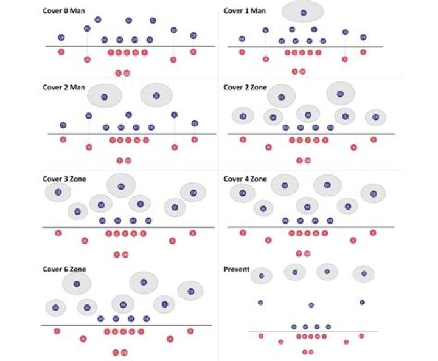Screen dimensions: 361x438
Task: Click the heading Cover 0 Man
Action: (x=63, y=11)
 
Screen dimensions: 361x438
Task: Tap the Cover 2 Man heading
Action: (x=63, y=87)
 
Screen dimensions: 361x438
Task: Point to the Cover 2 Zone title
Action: (x=245, y=87)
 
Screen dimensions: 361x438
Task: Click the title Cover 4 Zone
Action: (x=245, y=179)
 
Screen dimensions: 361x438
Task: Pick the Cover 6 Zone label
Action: (x=65, y=269)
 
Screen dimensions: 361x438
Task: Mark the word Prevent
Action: (x=236, y=269)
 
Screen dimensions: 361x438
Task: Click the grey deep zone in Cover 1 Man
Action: (x=303, y=12)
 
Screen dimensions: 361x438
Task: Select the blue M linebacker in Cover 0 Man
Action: (x=128, y=21)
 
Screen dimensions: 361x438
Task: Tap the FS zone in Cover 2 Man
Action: (x=105, y=96)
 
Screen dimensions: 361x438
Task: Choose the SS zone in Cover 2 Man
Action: (x=156, y=95)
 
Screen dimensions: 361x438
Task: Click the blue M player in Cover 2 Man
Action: (x=128, y=114)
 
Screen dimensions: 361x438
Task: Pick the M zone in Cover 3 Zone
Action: (x=101, y=204)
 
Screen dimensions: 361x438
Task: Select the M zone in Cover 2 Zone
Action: (x=308, y=114)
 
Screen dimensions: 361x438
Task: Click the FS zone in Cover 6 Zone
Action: (x=76, y=283)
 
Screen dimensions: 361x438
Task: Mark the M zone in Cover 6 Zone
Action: (x=122, y=304)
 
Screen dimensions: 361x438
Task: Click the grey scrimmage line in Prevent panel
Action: (x=313, y=331)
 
